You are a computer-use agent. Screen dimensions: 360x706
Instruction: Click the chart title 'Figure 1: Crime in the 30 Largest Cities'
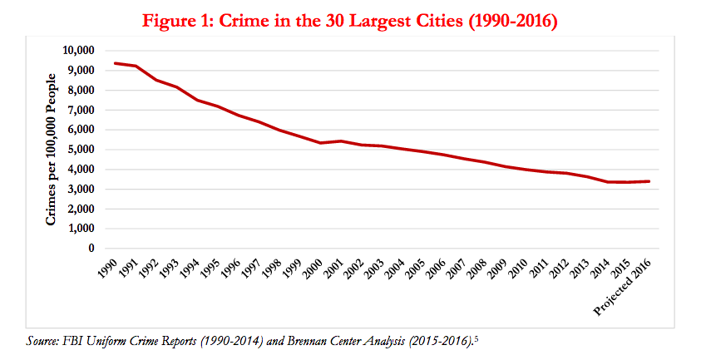pos(350,20)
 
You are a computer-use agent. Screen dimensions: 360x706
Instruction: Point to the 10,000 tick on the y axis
pos(77,51)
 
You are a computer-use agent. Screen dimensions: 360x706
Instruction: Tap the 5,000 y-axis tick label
pos(80,150)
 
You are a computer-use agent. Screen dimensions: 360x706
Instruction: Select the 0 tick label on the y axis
pos(91,249)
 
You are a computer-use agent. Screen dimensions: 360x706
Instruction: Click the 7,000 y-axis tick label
pos(80,110)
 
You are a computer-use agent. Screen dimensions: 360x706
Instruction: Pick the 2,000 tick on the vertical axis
pos(80,209)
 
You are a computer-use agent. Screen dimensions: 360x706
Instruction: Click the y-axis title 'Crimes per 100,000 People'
pos(52,150)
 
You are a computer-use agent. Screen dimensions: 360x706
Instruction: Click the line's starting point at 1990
pos(116,63)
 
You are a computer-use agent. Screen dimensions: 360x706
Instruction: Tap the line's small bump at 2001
pos(341,141)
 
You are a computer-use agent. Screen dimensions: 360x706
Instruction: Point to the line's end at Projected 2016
pos(649,181)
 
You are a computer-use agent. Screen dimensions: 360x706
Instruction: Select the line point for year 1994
pos(199,100)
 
